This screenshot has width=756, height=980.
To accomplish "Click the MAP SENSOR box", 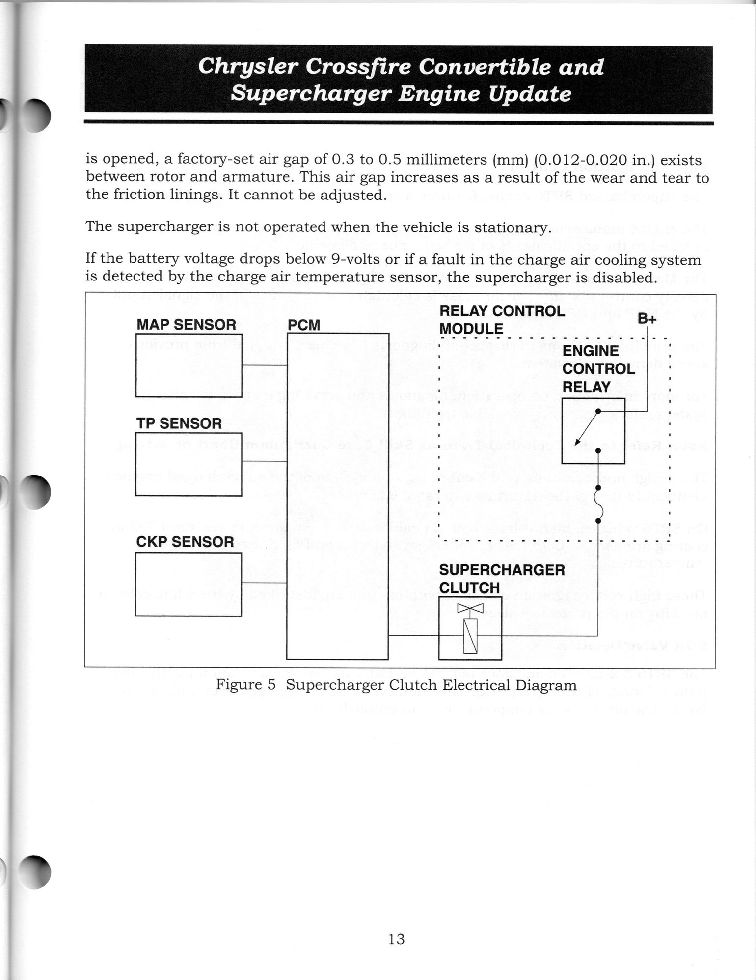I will point(189,365).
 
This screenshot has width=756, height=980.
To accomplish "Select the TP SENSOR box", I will point(189,464).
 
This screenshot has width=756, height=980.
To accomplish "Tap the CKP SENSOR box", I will point(189,584).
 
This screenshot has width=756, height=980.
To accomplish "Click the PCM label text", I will point(304,325).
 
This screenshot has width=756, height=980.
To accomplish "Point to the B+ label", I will point(647,319).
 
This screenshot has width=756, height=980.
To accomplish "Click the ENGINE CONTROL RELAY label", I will point(598,369).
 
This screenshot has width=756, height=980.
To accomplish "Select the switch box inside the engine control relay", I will point(593,431).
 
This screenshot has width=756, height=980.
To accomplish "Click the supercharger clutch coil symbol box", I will point(470,628).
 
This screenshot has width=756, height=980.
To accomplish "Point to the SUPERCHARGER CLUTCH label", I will point(502,579).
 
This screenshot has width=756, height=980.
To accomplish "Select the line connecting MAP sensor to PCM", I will point(264,365).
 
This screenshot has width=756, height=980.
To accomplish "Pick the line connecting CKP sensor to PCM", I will point(264,583).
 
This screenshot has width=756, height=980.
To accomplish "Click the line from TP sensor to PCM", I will point(264,461).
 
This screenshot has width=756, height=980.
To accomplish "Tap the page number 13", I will point(396,939).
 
